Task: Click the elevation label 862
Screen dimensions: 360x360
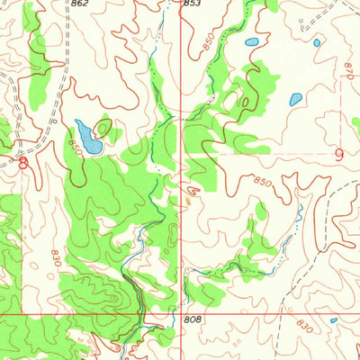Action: click(79, 4)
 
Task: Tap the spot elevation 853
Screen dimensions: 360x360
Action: click(192, 4)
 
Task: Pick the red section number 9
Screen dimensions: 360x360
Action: click(338, 155)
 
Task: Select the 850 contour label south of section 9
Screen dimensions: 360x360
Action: click(262, 183)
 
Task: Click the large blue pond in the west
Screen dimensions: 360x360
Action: click(88, 137)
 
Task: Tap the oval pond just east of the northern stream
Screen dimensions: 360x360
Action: click(251, 42)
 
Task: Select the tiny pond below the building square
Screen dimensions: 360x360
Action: click(317, 42)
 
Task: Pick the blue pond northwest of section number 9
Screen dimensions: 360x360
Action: click(294, 100)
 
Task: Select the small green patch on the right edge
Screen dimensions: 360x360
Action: click(355, 127)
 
